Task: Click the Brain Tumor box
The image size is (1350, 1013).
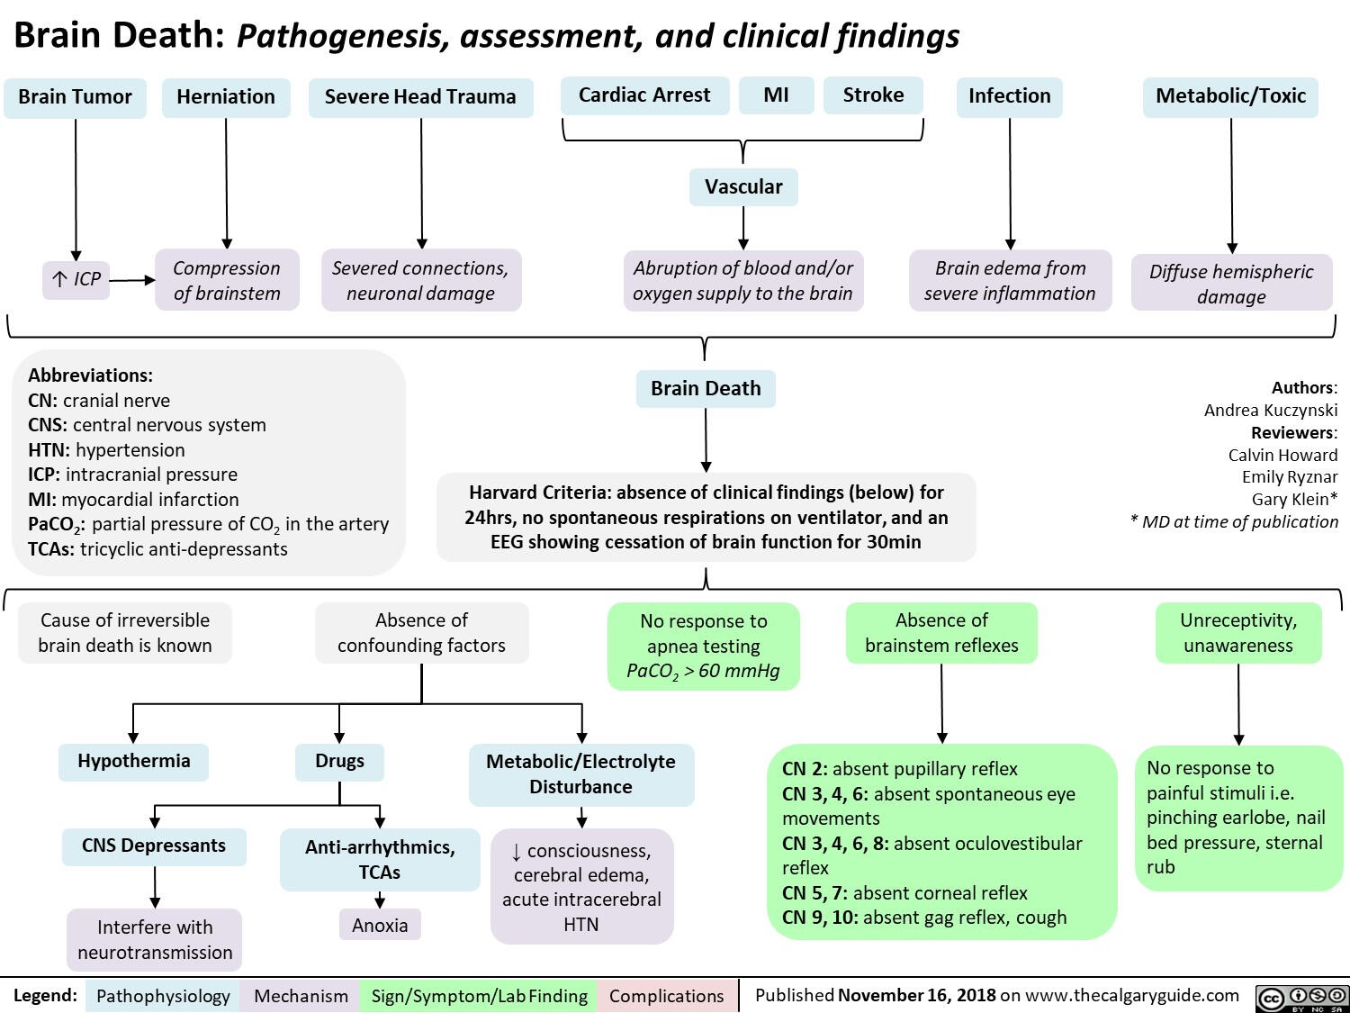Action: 75,97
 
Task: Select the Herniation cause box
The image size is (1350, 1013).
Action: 226,97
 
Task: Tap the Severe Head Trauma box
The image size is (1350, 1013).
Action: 420,97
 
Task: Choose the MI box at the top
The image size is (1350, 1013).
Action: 776,95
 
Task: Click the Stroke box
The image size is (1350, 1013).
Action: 873,95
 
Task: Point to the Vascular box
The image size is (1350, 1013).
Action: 743,187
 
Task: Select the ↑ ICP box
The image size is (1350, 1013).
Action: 76,279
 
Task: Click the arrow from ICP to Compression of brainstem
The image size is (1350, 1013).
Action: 133,280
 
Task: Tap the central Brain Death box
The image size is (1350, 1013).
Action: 706,388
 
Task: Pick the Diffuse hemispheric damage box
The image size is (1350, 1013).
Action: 1231,284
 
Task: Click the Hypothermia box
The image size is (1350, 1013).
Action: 133,762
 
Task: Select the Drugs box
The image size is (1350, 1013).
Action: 339,762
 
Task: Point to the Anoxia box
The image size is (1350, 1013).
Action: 380,925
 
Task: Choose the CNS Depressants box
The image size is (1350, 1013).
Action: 154,846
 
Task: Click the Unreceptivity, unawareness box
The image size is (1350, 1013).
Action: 1238,633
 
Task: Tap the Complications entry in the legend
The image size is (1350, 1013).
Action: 666,996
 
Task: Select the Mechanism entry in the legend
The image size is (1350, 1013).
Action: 301,996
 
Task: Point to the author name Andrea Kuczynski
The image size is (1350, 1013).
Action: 1271,411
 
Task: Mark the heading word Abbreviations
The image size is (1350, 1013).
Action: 90,375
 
